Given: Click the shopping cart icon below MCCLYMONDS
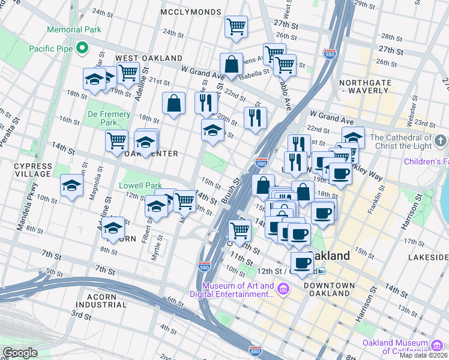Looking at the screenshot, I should click(x=236, y=26).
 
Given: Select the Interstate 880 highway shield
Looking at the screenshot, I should click(x=255, y=350).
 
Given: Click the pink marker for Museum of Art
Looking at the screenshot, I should click(x=283, y=290).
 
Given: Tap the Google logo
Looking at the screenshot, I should click(x=19, y=353).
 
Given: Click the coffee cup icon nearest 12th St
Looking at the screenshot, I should click(x=302, y=262).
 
